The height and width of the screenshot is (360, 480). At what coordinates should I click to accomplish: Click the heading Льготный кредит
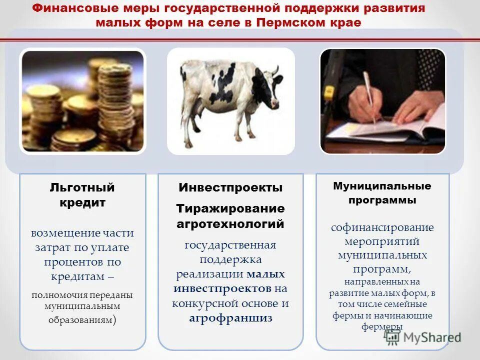coord(82,195)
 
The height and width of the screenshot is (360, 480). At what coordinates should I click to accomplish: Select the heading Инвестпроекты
coord(230,188)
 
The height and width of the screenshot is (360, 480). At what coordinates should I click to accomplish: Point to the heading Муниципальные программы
coord(382,193)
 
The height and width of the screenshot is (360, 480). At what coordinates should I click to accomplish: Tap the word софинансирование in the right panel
coord(382,227)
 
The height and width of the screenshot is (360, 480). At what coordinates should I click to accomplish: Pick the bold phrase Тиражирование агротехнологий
coord(230,216)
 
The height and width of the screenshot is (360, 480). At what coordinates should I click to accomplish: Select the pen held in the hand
coord(370,95)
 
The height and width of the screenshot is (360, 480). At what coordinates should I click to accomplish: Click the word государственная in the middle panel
coord(230,245)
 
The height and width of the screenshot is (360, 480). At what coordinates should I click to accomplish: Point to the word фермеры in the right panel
coord(382,327)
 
